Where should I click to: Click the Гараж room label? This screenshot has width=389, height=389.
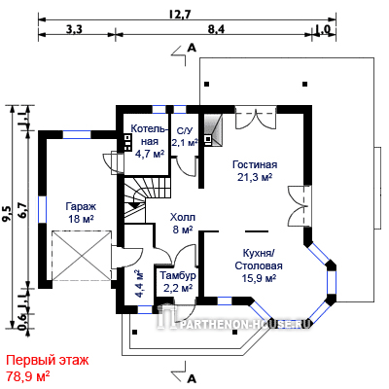pos(81,206)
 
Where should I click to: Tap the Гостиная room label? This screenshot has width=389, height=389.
pos(255,164)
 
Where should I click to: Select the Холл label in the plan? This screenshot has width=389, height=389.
pos(183,217)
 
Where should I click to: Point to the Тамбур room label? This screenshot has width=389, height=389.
pos(178,275)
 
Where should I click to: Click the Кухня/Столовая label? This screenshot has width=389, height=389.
pos(259,259)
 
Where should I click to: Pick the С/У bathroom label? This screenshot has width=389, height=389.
pos(185,131)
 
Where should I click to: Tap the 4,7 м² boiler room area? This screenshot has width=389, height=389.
pos(150,154)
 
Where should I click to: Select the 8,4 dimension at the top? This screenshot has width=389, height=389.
pos(216,29)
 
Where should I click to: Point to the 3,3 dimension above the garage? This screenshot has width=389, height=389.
pos(74,29)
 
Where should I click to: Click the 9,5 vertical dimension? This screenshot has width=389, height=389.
pos(7,215)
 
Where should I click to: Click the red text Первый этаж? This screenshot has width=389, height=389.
pos(48,360)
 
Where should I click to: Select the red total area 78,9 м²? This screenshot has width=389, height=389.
pos(28,376)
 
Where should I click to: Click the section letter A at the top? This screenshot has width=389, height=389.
pos(193,49)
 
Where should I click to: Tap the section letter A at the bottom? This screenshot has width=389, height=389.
pos(193,378)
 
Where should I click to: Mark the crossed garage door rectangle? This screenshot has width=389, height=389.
pos(82,256)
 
